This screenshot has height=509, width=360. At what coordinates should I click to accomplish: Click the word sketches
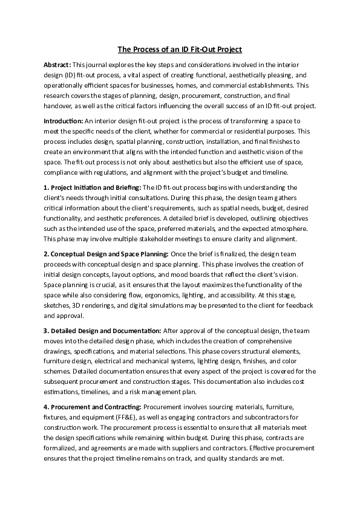tap(58, 306)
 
